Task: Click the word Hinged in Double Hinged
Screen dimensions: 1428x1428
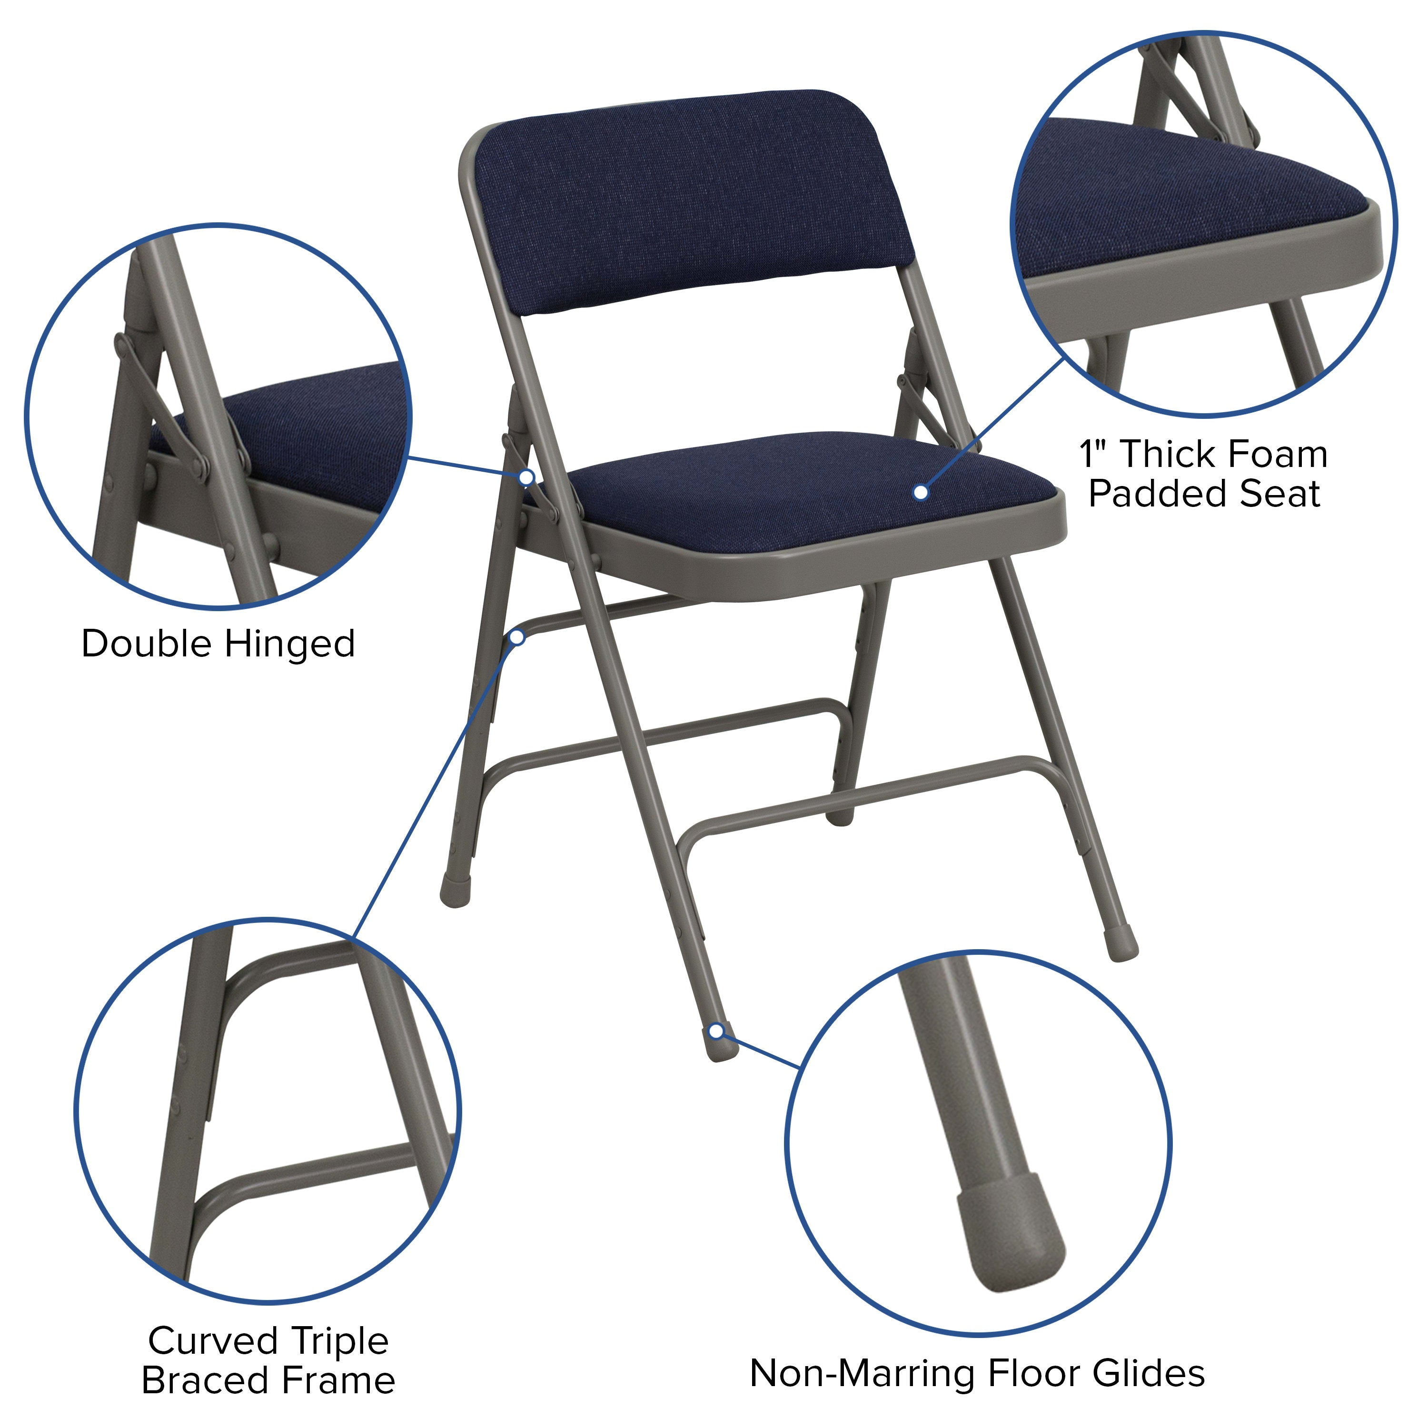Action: coord(290,644)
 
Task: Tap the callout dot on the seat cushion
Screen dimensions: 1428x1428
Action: coord(920,492)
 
